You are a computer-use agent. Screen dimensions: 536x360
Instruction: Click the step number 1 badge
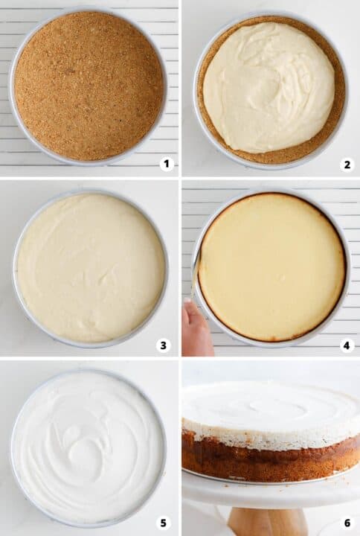click(166, 164)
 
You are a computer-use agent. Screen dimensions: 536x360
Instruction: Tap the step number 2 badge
click(347, 164)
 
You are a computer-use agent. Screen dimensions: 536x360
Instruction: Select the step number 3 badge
click(164, 345)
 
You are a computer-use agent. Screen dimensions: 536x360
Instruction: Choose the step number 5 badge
click(164, 523)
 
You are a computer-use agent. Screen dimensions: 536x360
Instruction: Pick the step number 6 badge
click(347, 523)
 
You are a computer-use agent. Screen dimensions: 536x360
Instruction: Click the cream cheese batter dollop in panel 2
click(269, 86)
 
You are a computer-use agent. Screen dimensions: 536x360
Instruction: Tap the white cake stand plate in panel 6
click(268, 491)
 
